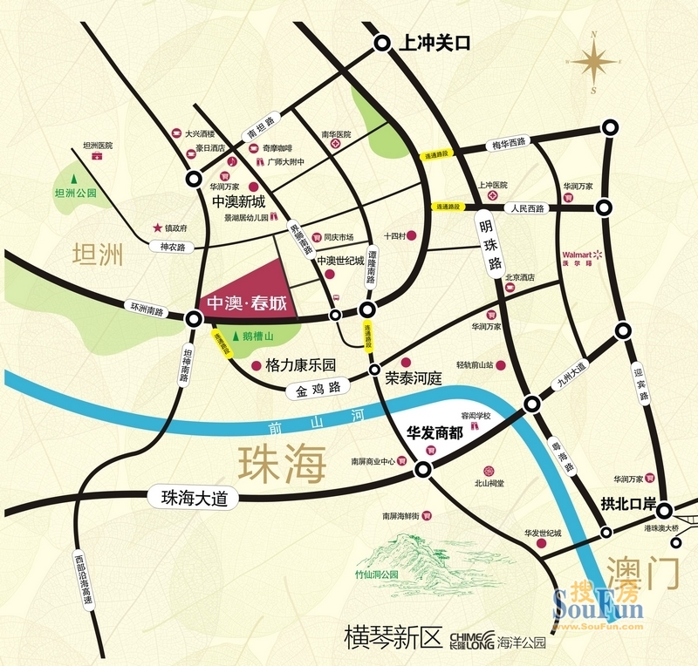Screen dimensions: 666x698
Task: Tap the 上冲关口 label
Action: click(434, 43)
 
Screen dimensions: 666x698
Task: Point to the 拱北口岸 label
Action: click(626, 504)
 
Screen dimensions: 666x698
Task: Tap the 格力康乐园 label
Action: click(301, 366)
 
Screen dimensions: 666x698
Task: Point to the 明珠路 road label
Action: click(491, 241)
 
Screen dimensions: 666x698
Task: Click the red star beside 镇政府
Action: click(158, 227)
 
